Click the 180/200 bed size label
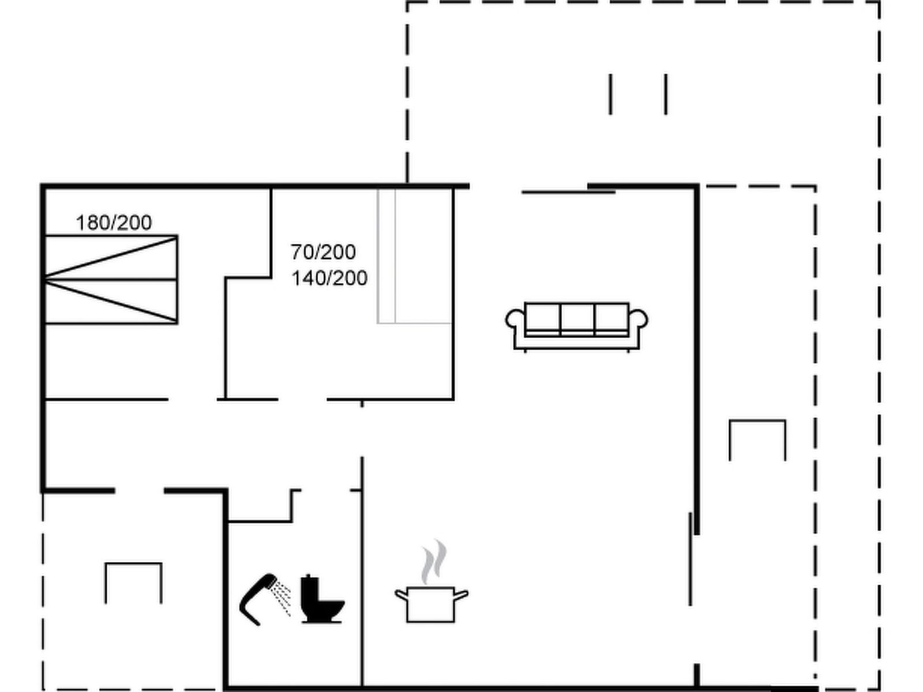click(x=114, y=223)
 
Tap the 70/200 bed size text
click(x=323, y=252)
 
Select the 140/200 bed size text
click(x=329, y=278)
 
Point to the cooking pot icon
click(x=431, y=604)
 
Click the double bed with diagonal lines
click(x=111, y=280)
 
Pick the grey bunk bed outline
click(x=415, y=256)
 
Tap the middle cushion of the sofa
click(x=577, y=319)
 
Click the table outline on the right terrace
click(x=757, y=420)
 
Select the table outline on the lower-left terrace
click(x=133, y=563)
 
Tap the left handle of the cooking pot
click(x=401, y=594)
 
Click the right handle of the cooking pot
click(x=461, y=594)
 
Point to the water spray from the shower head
click(x=281, y=599)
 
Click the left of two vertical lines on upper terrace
click(x=610, y=94)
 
